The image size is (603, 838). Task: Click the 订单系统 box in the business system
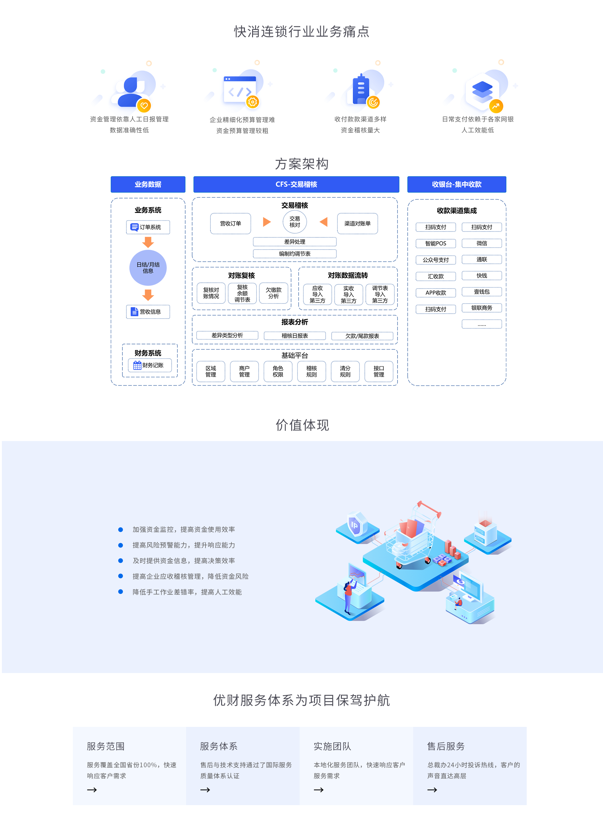coord(148,227)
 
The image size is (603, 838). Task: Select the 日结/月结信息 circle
coord(148,268)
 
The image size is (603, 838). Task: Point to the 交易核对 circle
coord(295,222)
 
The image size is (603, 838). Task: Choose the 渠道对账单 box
coord(357,223)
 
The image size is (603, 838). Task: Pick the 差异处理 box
coord(295,242)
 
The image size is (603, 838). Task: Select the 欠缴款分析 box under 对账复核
coord(274,293)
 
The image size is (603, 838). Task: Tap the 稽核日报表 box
coord(295,336)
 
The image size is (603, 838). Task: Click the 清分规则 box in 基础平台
coord(345,371)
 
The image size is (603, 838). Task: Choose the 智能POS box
coord(436,243)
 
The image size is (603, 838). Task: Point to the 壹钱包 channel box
coord(482,291)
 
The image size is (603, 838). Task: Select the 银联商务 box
coord(482,308)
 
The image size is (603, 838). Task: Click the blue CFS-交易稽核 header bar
coord(296,184)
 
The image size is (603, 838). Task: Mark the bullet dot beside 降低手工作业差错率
coord(120,592)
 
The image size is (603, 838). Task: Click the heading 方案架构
coord(302,164)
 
